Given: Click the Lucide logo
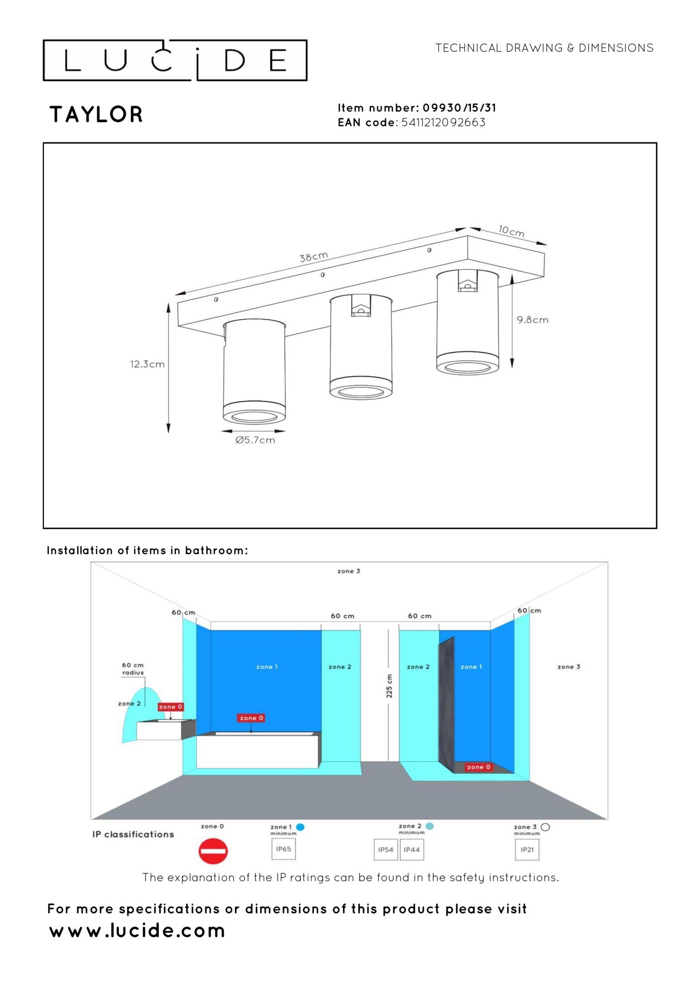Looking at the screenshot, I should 175,60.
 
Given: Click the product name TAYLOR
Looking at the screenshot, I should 96,114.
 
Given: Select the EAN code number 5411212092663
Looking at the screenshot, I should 443,123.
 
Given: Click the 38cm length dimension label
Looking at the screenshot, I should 313,257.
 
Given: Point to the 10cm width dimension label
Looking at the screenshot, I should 511,231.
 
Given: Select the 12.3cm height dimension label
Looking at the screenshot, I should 147,364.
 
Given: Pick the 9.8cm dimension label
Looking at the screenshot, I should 533,320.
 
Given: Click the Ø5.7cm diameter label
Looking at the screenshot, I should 255,440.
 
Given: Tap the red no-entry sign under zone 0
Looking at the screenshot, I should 213,851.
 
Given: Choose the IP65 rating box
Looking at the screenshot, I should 284,849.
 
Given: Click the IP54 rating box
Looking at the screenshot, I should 385,850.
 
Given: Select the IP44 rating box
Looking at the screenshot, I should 412,850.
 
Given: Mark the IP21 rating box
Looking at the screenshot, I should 527,850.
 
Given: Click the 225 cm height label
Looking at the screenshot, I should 389,686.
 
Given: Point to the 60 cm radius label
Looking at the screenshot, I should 133,669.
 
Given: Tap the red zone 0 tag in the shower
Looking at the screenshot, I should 478,767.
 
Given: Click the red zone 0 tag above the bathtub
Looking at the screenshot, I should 251,718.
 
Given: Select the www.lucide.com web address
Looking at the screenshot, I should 137,931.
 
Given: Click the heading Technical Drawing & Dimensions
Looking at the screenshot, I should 544,48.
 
